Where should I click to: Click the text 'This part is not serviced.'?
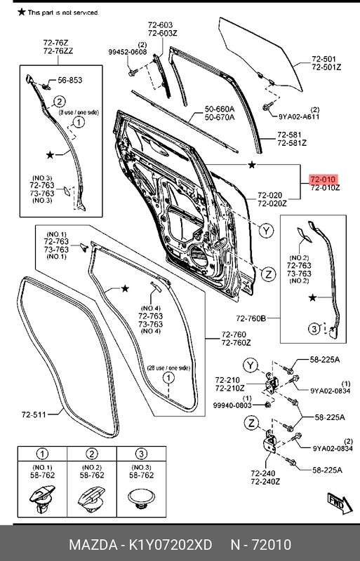tap(63, 13)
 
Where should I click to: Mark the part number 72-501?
tap(324, 60)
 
